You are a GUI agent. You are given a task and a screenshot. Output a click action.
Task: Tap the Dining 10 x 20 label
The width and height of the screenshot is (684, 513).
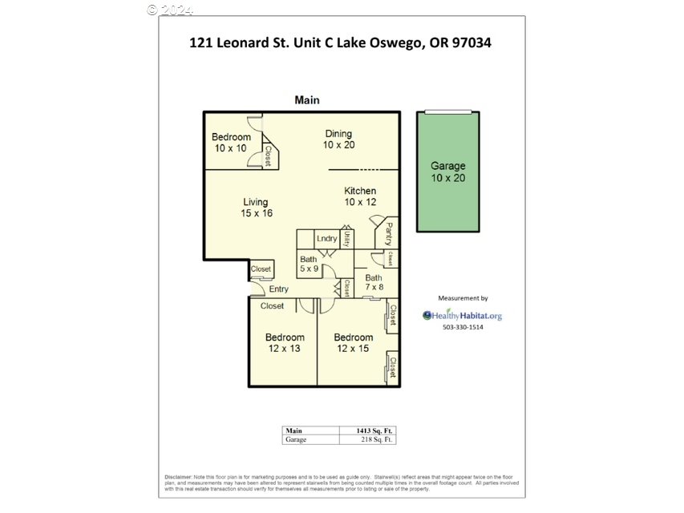[x=338, y=139]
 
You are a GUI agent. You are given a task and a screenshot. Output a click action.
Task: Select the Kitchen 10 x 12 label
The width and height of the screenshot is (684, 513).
[x=360, y=196]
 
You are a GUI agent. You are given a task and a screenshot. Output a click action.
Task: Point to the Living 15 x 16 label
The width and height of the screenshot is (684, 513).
[x=257, y=208]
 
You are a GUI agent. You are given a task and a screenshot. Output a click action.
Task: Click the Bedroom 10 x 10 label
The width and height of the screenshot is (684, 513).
[x=231, y=143]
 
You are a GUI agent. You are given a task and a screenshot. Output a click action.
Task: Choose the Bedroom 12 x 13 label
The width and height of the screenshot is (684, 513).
[x=285, y=343]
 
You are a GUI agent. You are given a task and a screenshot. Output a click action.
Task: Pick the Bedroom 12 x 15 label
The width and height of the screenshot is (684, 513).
[x=354, y=343]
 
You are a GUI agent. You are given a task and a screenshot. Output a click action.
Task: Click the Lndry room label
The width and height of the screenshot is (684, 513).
[x=326, y=239]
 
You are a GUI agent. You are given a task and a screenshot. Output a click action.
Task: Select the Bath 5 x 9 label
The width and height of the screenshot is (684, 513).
[x=309, y=265]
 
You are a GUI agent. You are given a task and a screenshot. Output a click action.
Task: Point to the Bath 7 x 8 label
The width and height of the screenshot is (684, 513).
[x=374, y=282]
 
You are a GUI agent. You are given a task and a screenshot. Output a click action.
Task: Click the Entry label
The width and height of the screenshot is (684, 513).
[x=278, y=289]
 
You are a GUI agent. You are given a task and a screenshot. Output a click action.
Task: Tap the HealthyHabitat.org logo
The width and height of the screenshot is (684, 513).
[x=463, y=315]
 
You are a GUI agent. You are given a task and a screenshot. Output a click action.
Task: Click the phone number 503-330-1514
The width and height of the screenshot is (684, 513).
[x=463, y=327]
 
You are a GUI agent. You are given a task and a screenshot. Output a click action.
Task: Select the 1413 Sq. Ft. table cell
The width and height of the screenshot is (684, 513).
[x=376, y=430]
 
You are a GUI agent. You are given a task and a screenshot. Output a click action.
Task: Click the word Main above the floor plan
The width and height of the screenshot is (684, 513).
[x=307, y=100]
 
